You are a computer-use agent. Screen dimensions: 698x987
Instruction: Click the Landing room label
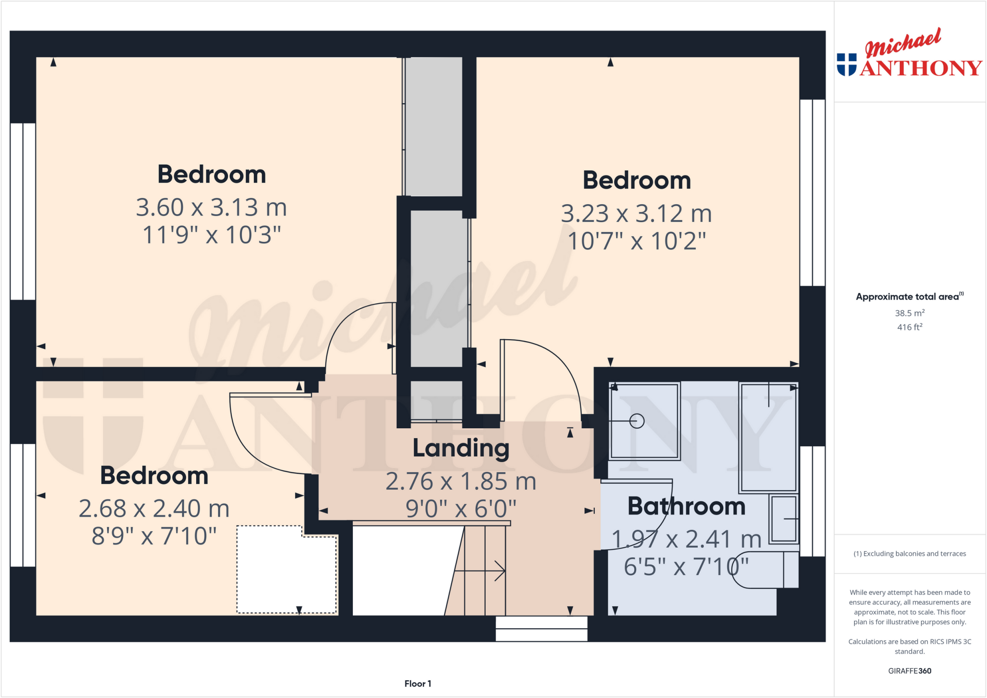[461, 448]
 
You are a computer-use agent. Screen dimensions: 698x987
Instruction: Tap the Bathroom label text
[686, 507]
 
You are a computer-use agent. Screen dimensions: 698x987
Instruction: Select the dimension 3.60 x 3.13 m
[211, 208]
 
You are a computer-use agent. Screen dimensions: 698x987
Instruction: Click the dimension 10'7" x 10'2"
[637, 241]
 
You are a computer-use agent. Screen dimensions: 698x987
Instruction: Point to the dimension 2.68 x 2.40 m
[154, 509]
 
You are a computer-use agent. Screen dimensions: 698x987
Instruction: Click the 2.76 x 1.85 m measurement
[461, 481]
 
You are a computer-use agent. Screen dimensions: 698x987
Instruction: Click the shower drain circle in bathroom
[637, 421]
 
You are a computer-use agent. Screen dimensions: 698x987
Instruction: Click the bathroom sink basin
[784, 518]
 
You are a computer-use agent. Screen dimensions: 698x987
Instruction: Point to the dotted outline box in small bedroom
[286, 570]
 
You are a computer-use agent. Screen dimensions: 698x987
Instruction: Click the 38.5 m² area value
[909, 313]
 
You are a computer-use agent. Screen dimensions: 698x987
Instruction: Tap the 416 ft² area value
[909, 327]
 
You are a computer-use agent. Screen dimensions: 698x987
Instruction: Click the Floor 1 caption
[417, 684]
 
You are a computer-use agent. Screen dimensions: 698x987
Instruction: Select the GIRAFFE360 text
[909, 671]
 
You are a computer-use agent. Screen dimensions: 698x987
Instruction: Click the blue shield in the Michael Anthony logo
[847, 65]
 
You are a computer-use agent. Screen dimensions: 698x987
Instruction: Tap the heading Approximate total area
[907, 297]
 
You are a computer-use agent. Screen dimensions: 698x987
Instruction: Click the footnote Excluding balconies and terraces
[909, 553]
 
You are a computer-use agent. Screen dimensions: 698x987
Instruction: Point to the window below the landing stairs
[541, 629]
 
